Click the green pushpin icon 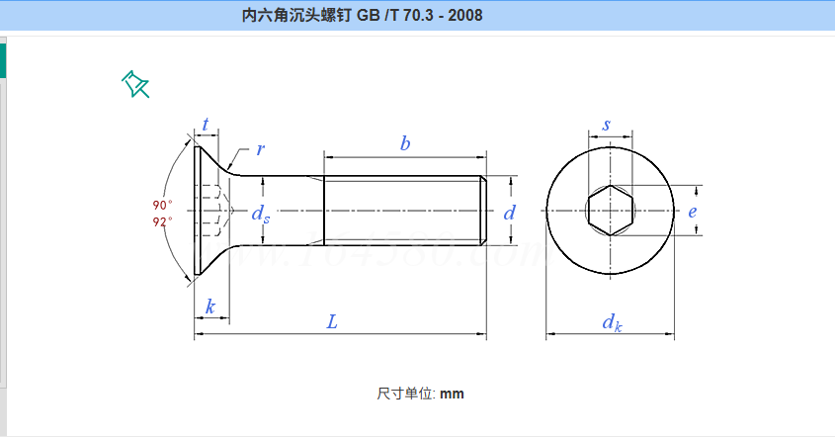pos(135,85)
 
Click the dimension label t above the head pos(206,125)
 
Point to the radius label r pos(260,149)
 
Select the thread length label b pos(405,143)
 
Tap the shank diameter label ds pos(260,214)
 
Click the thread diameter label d pos(510,213)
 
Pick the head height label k pos(209,307)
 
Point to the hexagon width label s pos(606,126)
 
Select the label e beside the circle pos(693,212)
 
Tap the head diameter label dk pos(613,322)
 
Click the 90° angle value pos(163,205)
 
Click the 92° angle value pos(163,221)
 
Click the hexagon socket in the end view pos(608,211)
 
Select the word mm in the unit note pos(452,394)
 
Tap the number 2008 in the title pos(464,16)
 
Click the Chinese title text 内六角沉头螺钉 pos(294,16)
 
